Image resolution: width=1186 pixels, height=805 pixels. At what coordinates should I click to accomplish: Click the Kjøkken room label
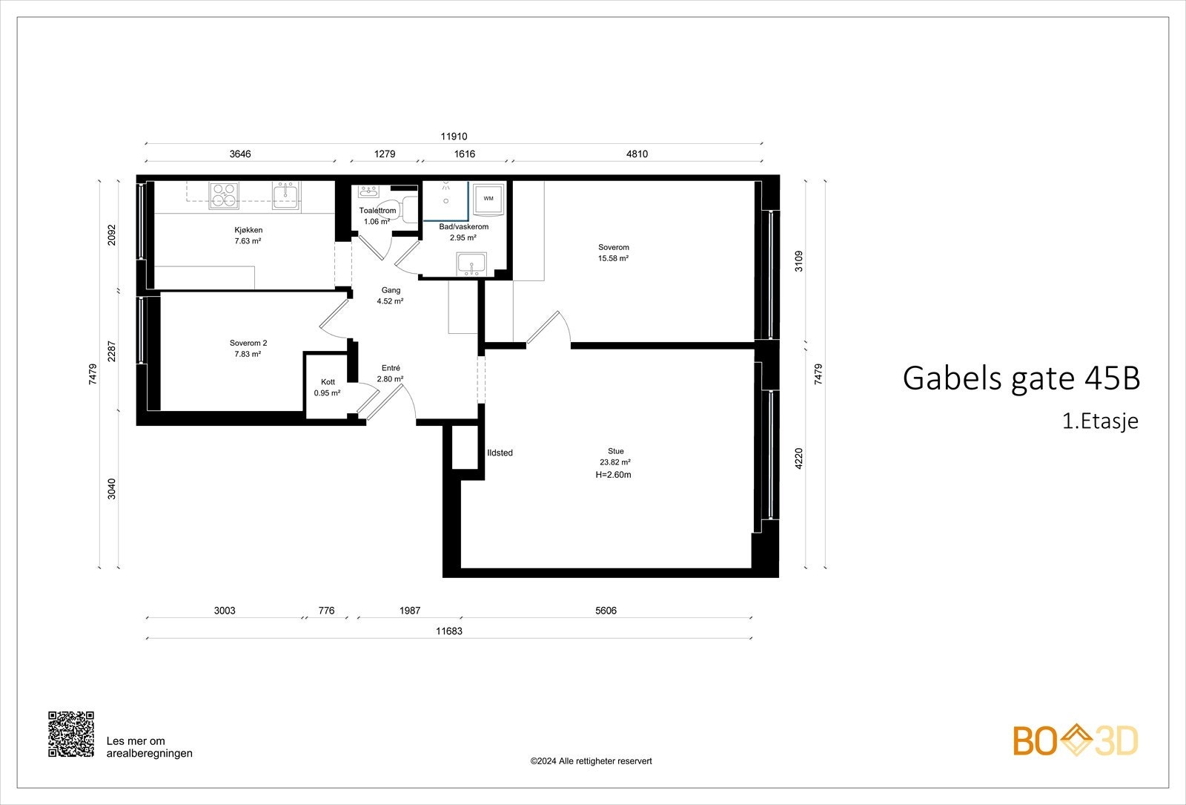248,230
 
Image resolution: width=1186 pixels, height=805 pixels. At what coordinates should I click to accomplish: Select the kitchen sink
285,195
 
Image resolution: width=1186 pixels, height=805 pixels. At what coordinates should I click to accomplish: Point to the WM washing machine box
488,199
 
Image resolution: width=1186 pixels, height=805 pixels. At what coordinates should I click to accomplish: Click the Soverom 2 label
248,344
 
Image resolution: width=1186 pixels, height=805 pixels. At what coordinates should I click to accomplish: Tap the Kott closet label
328,382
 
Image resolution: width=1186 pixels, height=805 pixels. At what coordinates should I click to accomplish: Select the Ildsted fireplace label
500,453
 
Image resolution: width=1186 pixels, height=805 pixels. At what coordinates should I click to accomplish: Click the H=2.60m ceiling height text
613,475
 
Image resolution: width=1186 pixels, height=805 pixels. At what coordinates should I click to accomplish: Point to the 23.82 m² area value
615,462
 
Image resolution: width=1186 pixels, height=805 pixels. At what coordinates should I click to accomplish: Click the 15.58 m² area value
613,258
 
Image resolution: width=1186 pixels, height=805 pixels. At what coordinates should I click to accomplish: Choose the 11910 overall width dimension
454,137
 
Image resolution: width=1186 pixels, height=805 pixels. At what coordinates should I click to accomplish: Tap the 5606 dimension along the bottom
606,611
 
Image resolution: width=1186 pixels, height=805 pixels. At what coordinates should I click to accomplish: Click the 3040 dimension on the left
112,488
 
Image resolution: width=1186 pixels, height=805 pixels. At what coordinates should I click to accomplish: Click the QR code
71,734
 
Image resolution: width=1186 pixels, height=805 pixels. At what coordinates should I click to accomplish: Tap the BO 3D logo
1076,741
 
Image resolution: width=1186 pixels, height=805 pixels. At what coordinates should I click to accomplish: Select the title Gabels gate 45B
1021,378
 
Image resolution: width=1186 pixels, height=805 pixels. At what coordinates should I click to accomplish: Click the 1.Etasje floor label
1100,421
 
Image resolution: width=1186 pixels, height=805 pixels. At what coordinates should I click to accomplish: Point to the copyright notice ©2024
591,761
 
